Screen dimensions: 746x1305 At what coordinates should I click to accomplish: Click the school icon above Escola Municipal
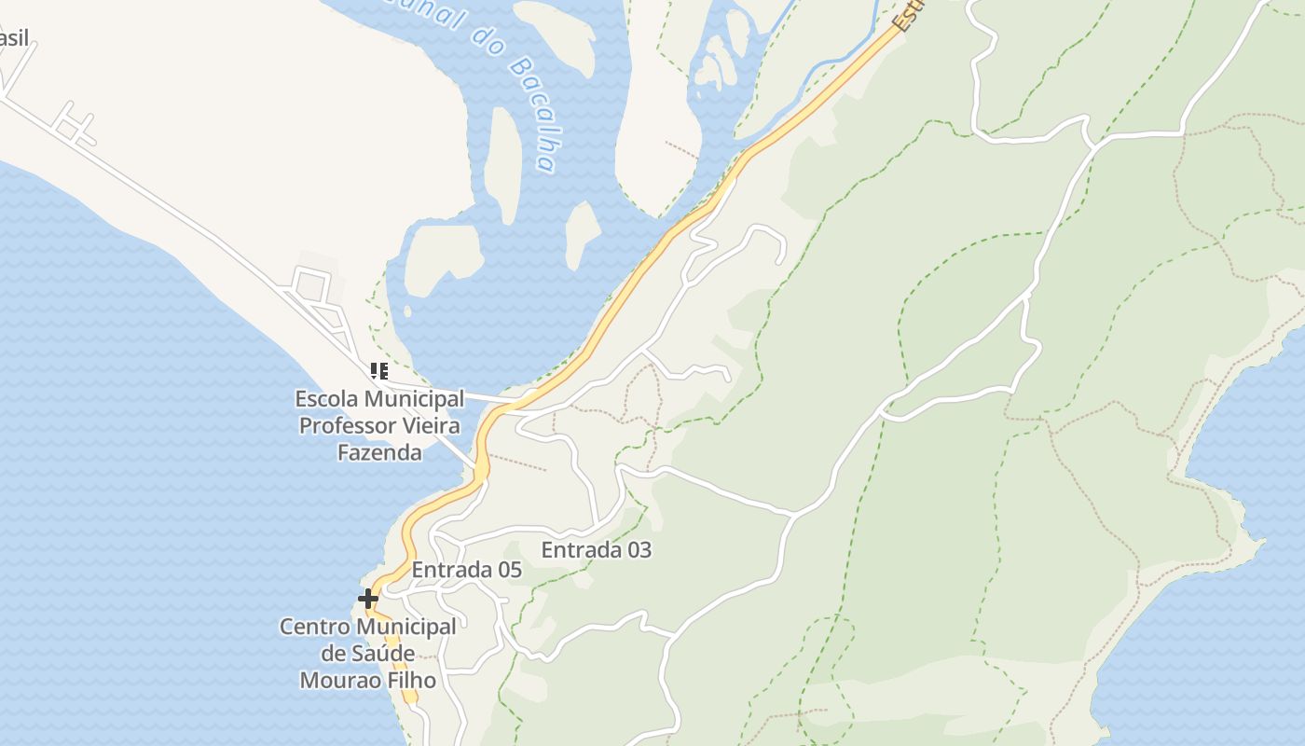coord(378,371)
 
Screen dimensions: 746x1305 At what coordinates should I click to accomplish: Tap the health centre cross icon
coord(368,598)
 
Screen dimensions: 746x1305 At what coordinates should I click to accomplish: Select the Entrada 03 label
coord(596,550)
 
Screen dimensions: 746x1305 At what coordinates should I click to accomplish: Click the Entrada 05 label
coord(466,570)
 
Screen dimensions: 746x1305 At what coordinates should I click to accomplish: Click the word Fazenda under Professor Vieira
coord(379,453)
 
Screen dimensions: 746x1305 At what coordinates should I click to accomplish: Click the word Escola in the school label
coord(326,399)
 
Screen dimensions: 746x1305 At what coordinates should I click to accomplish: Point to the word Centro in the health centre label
coord(315,627)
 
